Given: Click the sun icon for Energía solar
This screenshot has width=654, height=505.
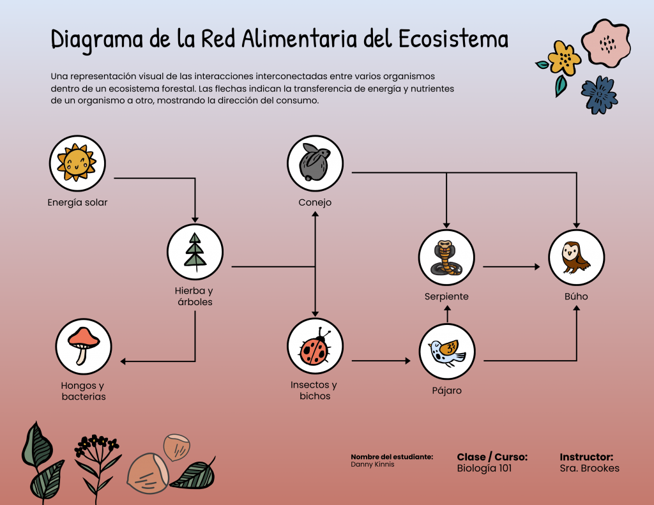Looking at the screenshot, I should pyautogui.click(x=77, y=163).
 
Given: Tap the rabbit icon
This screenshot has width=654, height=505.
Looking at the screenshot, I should pyautogui.click(x=315, y=163).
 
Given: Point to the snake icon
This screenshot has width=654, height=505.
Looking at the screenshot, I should pyautogui.click(x=446, y=257).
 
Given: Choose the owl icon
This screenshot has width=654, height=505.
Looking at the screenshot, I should pyautogui.click(x=577, y=257).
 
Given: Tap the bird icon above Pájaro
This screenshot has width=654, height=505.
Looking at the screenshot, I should pyautogui.click(x=447, y=351).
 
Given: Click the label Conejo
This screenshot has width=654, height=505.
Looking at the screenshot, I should pyautogui.click(x=315, y=203).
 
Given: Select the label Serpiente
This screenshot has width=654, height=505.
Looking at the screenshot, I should pyautogui.click(x=446, y=297).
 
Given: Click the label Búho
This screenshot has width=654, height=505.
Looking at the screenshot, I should pyautogui.click(x=576, y=297).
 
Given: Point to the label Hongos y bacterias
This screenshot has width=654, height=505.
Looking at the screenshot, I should pyautogui.click(x=83, y=391).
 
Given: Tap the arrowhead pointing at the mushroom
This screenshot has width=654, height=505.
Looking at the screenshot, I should pyautogui.click(x=124, y=362).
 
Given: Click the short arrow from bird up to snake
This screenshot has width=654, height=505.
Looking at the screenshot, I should pyautogui.click(x=447, y=314).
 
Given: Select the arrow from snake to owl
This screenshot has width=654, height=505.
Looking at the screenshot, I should pyautogui.click(x=511, y=266).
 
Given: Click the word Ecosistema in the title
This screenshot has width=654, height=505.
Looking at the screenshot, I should pyautogui.click(x=453, y=40).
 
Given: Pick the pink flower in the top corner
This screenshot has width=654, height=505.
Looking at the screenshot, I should pyautogui.click(x=609, y=43).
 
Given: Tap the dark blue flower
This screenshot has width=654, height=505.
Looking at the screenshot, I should pyautogui.click(x=598, y=94).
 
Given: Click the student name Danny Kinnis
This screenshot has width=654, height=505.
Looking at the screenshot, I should pyautogui.click(x=372, y=465).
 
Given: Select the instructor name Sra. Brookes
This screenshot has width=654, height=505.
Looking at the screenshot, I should pyautogui.click(x=589, y=469).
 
